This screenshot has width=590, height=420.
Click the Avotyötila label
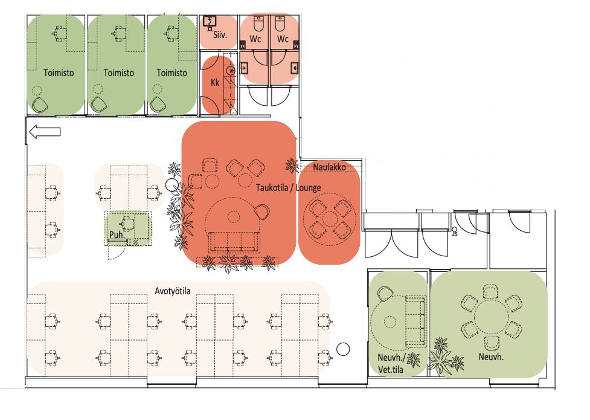point(173,291)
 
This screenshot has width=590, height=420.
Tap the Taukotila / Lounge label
point(289,187)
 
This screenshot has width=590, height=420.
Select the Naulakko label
point(330,167)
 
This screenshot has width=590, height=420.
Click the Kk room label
point(215,82)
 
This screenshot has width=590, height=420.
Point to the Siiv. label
point(220,35)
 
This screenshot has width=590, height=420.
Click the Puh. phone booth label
point(117,235)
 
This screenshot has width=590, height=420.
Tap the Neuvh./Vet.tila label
point(391,363)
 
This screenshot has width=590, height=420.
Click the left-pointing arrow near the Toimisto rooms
point(45,132)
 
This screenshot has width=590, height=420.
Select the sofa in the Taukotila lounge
point(235,242)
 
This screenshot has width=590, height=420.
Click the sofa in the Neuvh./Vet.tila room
point(415,321)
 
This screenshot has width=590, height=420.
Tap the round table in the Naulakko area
point(330,219)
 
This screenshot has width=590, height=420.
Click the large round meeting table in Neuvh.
point(491,317)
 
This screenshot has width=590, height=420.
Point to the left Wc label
point(255,39)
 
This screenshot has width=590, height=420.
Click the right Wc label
point(283,39)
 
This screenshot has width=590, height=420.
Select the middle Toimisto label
point(119,73)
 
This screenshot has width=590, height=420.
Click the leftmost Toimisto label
point(59,73)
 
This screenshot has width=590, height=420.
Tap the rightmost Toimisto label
point(172,73)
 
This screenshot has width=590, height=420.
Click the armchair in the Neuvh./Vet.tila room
point(385,294)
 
